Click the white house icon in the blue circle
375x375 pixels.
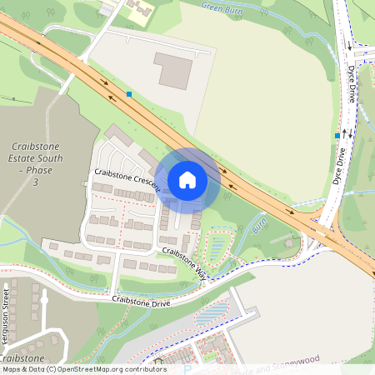187,179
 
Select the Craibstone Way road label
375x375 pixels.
184,262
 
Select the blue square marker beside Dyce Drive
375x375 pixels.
337,135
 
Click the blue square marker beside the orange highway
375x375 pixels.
129,94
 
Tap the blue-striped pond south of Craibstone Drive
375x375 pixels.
210,317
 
